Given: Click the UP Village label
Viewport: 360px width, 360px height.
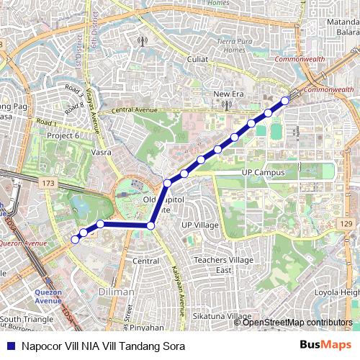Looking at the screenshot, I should [x=199, y=225].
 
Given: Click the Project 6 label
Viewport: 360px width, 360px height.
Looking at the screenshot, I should [x=63, y=135].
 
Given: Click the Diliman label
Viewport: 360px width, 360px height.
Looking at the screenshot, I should [x=117, y=292].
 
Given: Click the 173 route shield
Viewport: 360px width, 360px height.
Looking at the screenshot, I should [x=48, y=184].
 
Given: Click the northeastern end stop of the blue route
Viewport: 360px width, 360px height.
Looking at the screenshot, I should [x=285, y=101].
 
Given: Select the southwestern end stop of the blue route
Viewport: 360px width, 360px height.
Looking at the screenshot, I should [x=75, y=240].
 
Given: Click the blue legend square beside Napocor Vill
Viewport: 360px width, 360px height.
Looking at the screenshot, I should [x=10, y=346].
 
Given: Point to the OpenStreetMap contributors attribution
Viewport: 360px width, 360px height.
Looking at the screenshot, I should [x=297, y=322].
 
